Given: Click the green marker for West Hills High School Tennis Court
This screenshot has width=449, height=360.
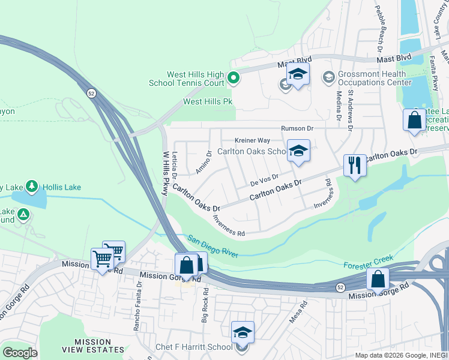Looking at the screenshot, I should point(234,77).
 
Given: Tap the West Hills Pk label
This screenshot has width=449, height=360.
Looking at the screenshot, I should point(208,102).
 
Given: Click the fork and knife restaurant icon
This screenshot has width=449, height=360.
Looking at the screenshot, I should point(354,165).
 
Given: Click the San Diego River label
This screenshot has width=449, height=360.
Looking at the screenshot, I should point(213,246).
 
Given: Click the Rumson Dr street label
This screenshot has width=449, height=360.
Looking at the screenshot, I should point(298,128).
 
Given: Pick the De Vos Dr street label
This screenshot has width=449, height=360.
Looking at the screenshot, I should point(264,179).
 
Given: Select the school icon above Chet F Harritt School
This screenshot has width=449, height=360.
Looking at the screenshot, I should point(243,332).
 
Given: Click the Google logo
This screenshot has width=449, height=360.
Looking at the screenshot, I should point(20,353).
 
